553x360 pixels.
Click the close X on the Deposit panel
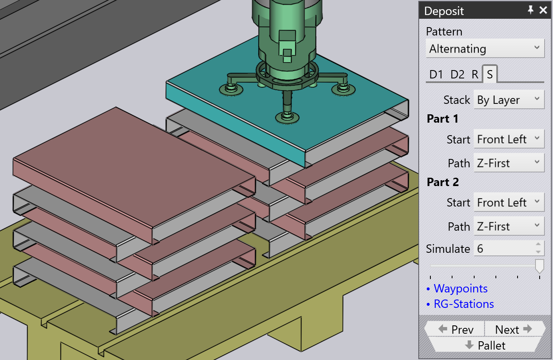coord(543,10)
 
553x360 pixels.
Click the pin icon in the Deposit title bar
coord(530,10)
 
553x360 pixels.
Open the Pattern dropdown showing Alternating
coord(485,48)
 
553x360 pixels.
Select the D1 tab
coord(436,74)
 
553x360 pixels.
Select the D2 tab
coord(457,74)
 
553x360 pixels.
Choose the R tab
coord(475,74)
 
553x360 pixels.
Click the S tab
coord(490,74)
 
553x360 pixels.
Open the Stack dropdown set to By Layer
coord(509,100)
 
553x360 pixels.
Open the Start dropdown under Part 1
coord(509,139)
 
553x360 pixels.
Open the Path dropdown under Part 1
coord(509,163)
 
